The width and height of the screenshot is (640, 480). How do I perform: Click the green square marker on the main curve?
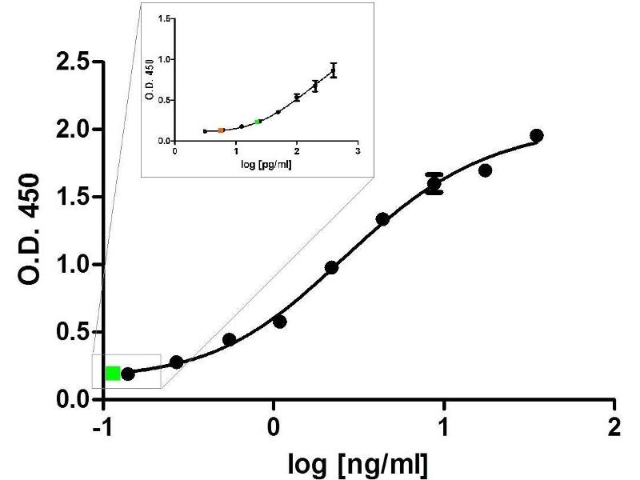113,373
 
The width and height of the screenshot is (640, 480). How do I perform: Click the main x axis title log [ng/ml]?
358,462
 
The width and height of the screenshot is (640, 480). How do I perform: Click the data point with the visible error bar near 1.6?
434,185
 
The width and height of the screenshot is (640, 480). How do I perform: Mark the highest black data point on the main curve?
537,136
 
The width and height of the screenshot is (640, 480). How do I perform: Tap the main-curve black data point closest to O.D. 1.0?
331,267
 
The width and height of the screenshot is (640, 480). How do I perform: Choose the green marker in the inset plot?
258,122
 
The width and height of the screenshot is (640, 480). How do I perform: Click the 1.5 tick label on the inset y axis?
166,18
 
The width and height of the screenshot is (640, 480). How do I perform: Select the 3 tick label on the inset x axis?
358,149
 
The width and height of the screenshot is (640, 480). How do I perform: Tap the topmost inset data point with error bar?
334,70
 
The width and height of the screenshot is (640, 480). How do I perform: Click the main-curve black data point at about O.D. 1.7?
485,170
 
